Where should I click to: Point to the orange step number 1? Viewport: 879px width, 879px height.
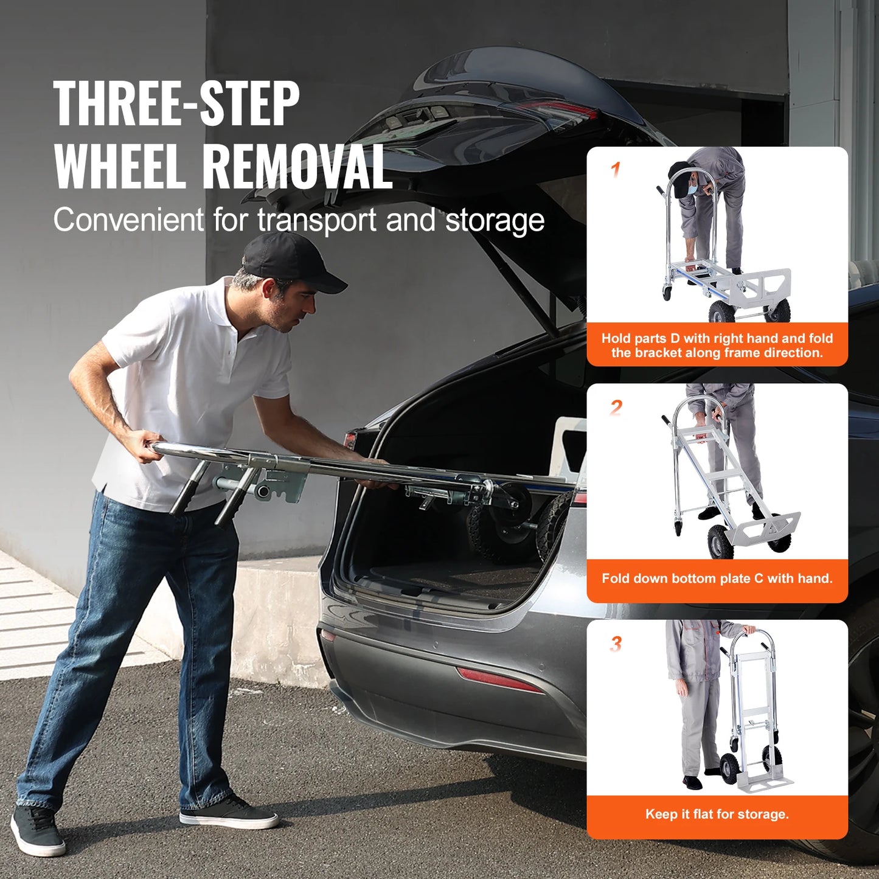pos(616,170)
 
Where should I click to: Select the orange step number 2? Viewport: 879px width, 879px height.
pos(616,407)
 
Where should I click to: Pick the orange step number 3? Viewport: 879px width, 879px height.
pos(616,644)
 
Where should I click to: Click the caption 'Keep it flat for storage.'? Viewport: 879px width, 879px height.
pos(717,815)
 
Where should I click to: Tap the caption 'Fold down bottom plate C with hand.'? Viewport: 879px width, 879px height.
pos(717,578)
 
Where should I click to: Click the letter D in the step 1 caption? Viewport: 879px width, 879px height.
pos(674,339)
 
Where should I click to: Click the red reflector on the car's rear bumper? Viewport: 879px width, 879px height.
pos(499,679)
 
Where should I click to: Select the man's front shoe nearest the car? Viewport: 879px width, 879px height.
pos(228,811)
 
